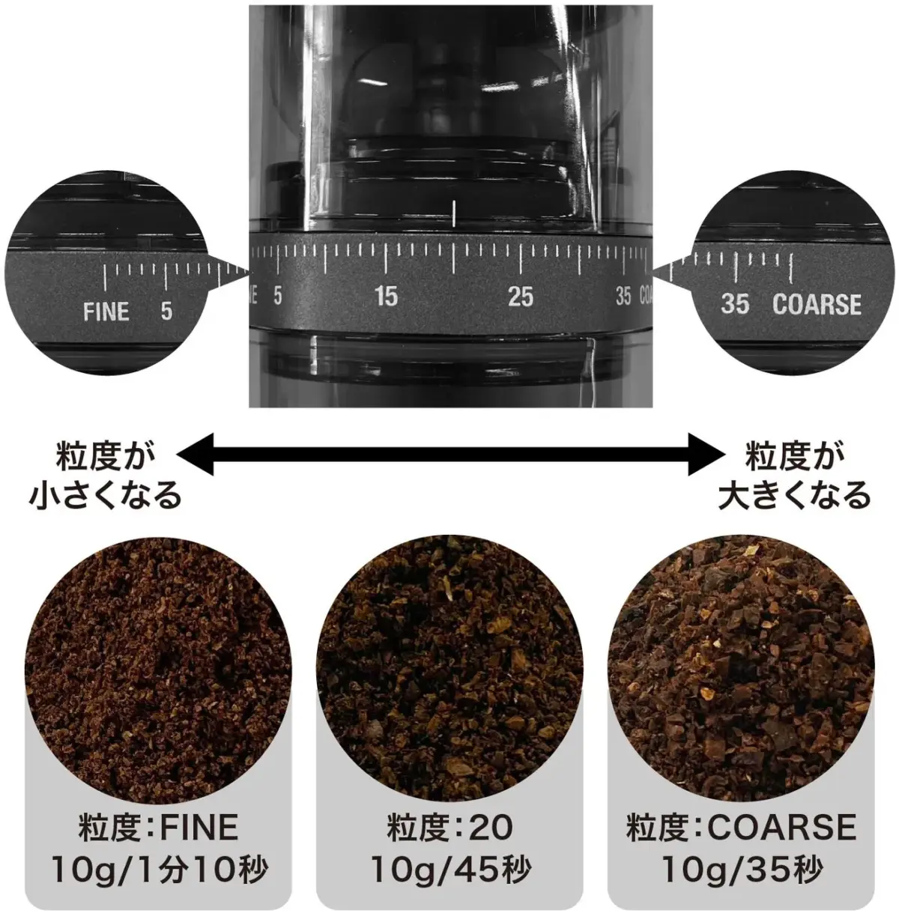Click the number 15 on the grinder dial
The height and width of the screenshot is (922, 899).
386,297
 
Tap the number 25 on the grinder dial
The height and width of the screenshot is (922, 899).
521,297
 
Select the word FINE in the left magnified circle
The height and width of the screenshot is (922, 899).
106,311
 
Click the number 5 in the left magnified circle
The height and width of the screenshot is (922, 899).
166,311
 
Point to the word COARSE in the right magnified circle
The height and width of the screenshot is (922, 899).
817,304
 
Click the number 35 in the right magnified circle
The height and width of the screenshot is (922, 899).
735,304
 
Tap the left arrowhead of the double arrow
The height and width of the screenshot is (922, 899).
195,452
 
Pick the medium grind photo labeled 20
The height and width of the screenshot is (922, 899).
449,667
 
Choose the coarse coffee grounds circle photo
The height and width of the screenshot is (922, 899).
742,667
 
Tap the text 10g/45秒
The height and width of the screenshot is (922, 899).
450,870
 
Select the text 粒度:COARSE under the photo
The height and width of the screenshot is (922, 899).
741,828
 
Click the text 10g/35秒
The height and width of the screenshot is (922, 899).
741,870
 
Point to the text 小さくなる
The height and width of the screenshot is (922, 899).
105,495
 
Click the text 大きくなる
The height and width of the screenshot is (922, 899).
794,495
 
